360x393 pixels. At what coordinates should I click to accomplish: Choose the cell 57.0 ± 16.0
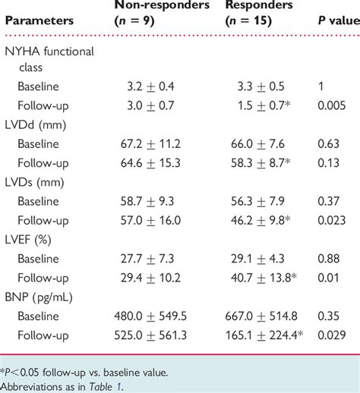click(150, 220)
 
